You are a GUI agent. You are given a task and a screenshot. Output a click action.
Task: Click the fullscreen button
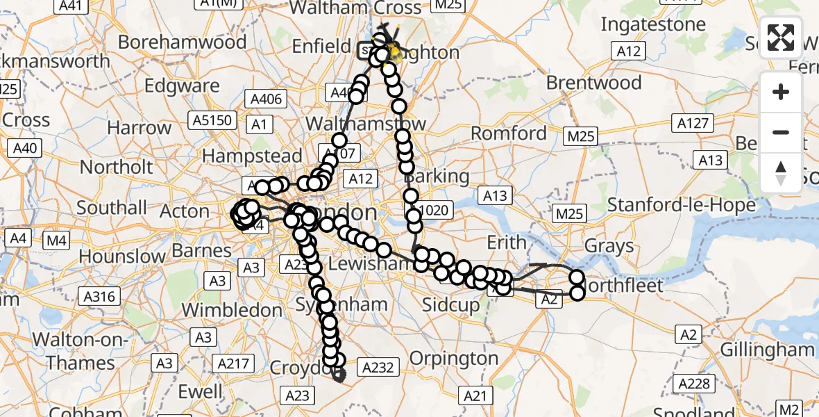781,38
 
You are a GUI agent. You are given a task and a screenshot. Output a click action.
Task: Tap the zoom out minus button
781,132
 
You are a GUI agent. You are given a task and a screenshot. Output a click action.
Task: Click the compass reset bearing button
781,172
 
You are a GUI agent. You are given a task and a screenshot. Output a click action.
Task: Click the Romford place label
509,133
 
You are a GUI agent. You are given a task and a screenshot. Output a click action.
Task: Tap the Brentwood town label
593,83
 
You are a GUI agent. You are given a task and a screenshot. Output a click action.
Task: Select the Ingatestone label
652,24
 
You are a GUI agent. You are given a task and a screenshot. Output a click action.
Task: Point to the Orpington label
454,359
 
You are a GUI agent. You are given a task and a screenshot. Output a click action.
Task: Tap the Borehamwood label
182,42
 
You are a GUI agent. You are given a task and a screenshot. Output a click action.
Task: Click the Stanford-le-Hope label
681,205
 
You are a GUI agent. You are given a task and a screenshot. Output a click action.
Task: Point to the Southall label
112,208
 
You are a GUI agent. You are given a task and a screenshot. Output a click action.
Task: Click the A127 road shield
693,123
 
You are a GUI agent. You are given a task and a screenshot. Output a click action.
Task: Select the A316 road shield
99,297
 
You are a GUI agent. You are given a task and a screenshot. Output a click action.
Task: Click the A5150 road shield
212,120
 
